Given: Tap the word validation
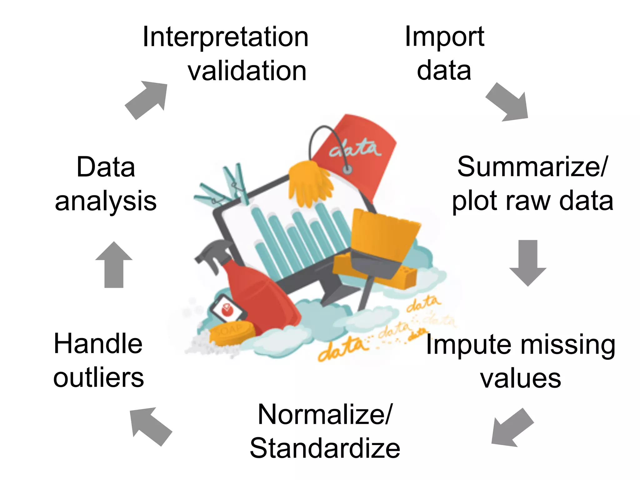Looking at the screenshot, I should point(247,71).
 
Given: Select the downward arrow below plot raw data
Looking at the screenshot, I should point(528,262).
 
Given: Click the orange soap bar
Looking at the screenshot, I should point(231,333).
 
